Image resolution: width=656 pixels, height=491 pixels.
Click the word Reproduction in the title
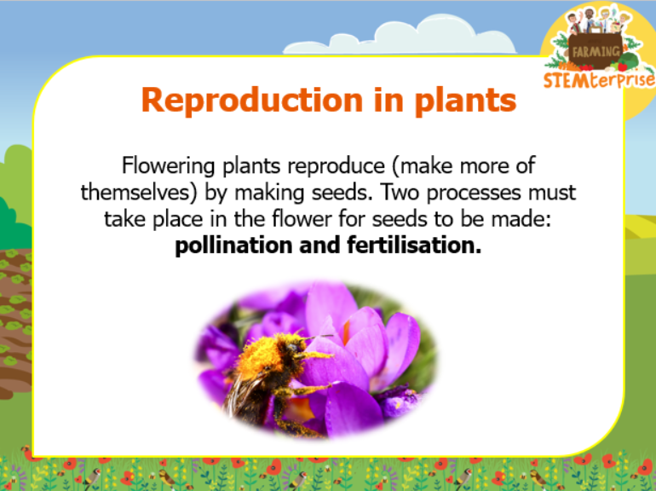(252, 101)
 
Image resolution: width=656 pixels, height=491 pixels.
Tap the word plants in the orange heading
(465, 101)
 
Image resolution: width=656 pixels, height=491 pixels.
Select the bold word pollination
(233, 245)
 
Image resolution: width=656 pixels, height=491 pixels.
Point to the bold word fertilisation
(414, 245)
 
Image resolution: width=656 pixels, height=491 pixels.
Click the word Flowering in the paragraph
(168, 165)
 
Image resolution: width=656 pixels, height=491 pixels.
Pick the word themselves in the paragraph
(139, 193)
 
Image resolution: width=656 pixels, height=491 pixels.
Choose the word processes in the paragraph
(474, 194)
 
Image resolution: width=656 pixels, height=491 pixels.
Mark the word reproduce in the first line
(336, 166)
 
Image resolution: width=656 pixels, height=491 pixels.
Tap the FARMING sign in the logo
(596, 51)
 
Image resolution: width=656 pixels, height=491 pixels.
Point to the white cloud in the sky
(400, 36)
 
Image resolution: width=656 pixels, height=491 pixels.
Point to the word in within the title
(388, 101)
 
